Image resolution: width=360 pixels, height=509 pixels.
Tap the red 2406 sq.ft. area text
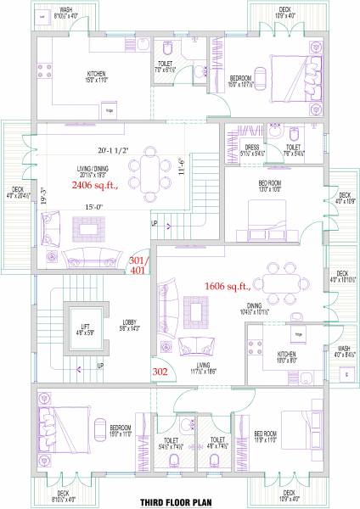point(94,185)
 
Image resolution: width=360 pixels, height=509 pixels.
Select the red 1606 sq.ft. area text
point(228,287)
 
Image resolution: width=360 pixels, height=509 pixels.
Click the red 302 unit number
point(160,372)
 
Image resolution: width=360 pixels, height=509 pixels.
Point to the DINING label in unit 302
point(278,306)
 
